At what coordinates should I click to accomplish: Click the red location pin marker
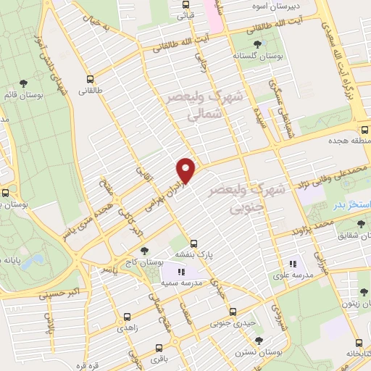pyautogui.click(x=186, y=170)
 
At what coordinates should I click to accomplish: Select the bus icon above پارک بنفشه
pyautogui.click(x=193, y=243)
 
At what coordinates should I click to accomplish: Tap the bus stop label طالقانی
pyautogui.click(x=91, y=91)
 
